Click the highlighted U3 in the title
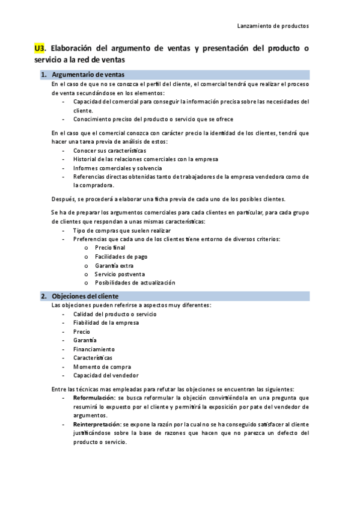(40, 48)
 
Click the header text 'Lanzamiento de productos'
(273, 26)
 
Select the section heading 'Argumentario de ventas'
(88, 75)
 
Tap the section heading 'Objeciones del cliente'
(85, 296)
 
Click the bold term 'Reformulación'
(93, 398)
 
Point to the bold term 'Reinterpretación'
(96, 424)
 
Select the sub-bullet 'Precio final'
(110, 248)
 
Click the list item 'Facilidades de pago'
(121, 256)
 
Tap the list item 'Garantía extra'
(114, 265)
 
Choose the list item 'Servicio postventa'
(120, 274)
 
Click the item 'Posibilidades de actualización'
(135, 283)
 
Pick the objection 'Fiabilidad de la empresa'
(106, 322)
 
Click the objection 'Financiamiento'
(94, 349)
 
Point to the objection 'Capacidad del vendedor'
(105, 375)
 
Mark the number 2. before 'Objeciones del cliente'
(43, 296)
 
